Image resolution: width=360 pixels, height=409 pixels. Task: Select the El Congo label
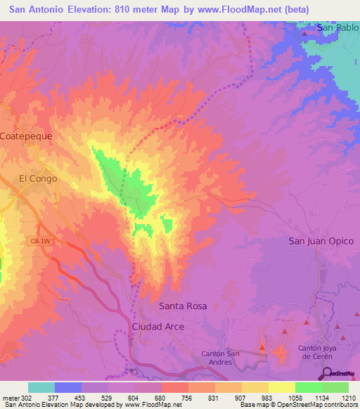[38, 178]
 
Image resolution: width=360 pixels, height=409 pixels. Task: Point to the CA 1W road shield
[39, 241]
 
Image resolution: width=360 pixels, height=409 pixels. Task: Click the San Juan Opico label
[321, 241]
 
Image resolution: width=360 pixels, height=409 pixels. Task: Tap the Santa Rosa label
[183, 306]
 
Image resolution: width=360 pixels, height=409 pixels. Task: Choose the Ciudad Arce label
[158, 327]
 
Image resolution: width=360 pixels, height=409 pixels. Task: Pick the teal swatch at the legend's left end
[41, 387]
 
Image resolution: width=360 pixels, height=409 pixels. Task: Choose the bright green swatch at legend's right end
[335, 387]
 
